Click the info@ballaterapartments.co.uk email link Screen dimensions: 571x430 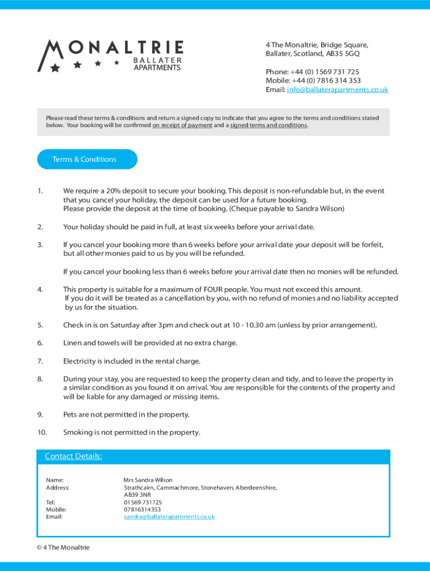(x=337, y=90)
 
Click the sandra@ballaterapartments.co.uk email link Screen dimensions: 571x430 (x=169, y=517)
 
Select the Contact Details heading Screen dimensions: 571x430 (x=73, y=456)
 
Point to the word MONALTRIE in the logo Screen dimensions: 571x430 (x=112, y=49)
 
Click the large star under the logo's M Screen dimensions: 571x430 (x=55, y=68)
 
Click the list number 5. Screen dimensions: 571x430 (x=40, y=325)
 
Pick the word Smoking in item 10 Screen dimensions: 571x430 (x=77, y=433)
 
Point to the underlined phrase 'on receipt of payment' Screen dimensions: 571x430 (x=182, y=125)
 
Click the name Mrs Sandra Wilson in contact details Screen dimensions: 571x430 (x=148, y=480)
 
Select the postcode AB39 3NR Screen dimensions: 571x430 (x=137, y=495)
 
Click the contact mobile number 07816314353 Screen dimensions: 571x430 (x=142, y=510)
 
